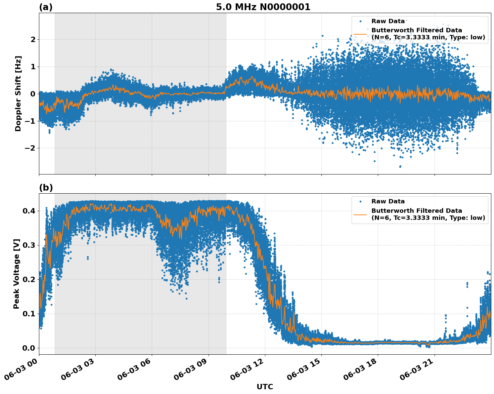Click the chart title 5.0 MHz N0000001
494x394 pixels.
(x=263, y=7)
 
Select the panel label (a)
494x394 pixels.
(x=46, y=7)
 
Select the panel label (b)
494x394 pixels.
(x=46, y=188)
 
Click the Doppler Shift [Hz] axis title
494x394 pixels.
(x=18, y=93)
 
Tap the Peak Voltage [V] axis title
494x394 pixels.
(x=16, y=274)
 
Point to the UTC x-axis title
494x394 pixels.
(x=265, y=387)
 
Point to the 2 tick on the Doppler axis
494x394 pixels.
(x=33, y=39)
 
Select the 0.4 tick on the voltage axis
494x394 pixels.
(x=29, y=211)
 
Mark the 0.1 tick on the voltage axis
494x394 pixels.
(x=29, y=314)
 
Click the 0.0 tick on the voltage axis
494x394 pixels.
(x=29, y=348)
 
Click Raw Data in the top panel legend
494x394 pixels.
(x=388, y=21)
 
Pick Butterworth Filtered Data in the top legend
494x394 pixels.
(x=416, y=30)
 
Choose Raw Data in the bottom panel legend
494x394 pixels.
(x=388, y=201)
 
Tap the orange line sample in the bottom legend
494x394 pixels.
(x=360, y=214)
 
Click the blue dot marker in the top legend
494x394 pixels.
(x=360, y=21)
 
